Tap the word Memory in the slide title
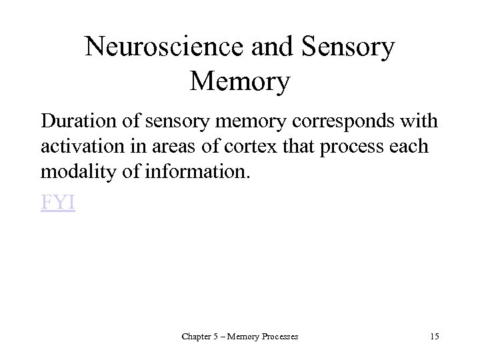(x=239, y=82)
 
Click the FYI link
(x=58, y=203)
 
